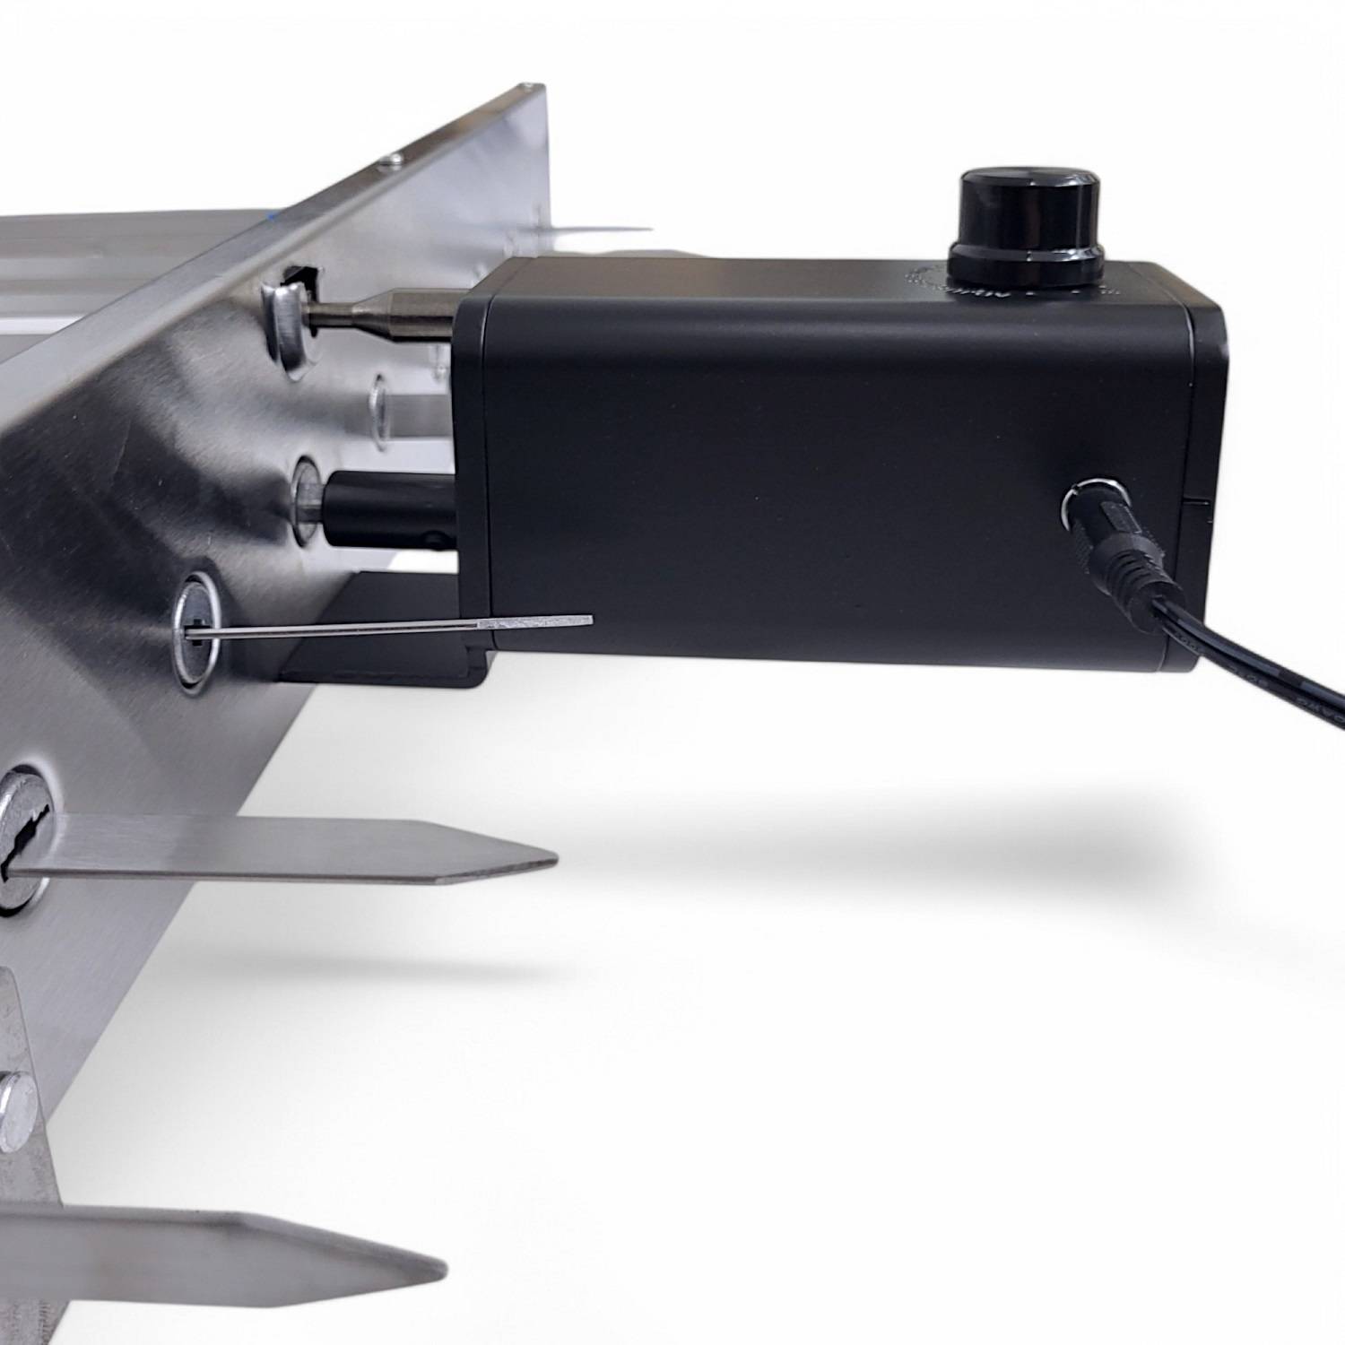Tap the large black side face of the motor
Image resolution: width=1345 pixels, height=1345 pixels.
(x=762, y=484)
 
